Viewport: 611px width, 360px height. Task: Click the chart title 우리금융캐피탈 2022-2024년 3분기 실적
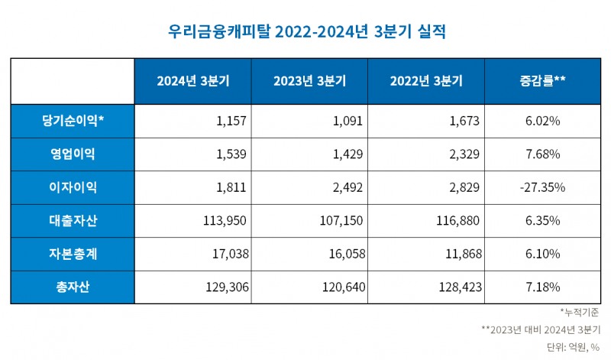click(305, 31)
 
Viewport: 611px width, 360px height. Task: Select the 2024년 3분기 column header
click(192, 81)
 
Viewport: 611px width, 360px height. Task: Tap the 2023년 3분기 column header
click(309, 81)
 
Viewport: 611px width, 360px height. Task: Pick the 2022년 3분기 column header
click(426, 81)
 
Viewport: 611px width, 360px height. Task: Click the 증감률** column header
click(542, 81)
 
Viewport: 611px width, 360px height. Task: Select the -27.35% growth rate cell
click(542, 187)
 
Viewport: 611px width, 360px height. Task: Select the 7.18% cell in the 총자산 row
click(542, 287)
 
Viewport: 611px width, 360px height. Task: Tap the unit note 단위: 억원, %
click(573, 347)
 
